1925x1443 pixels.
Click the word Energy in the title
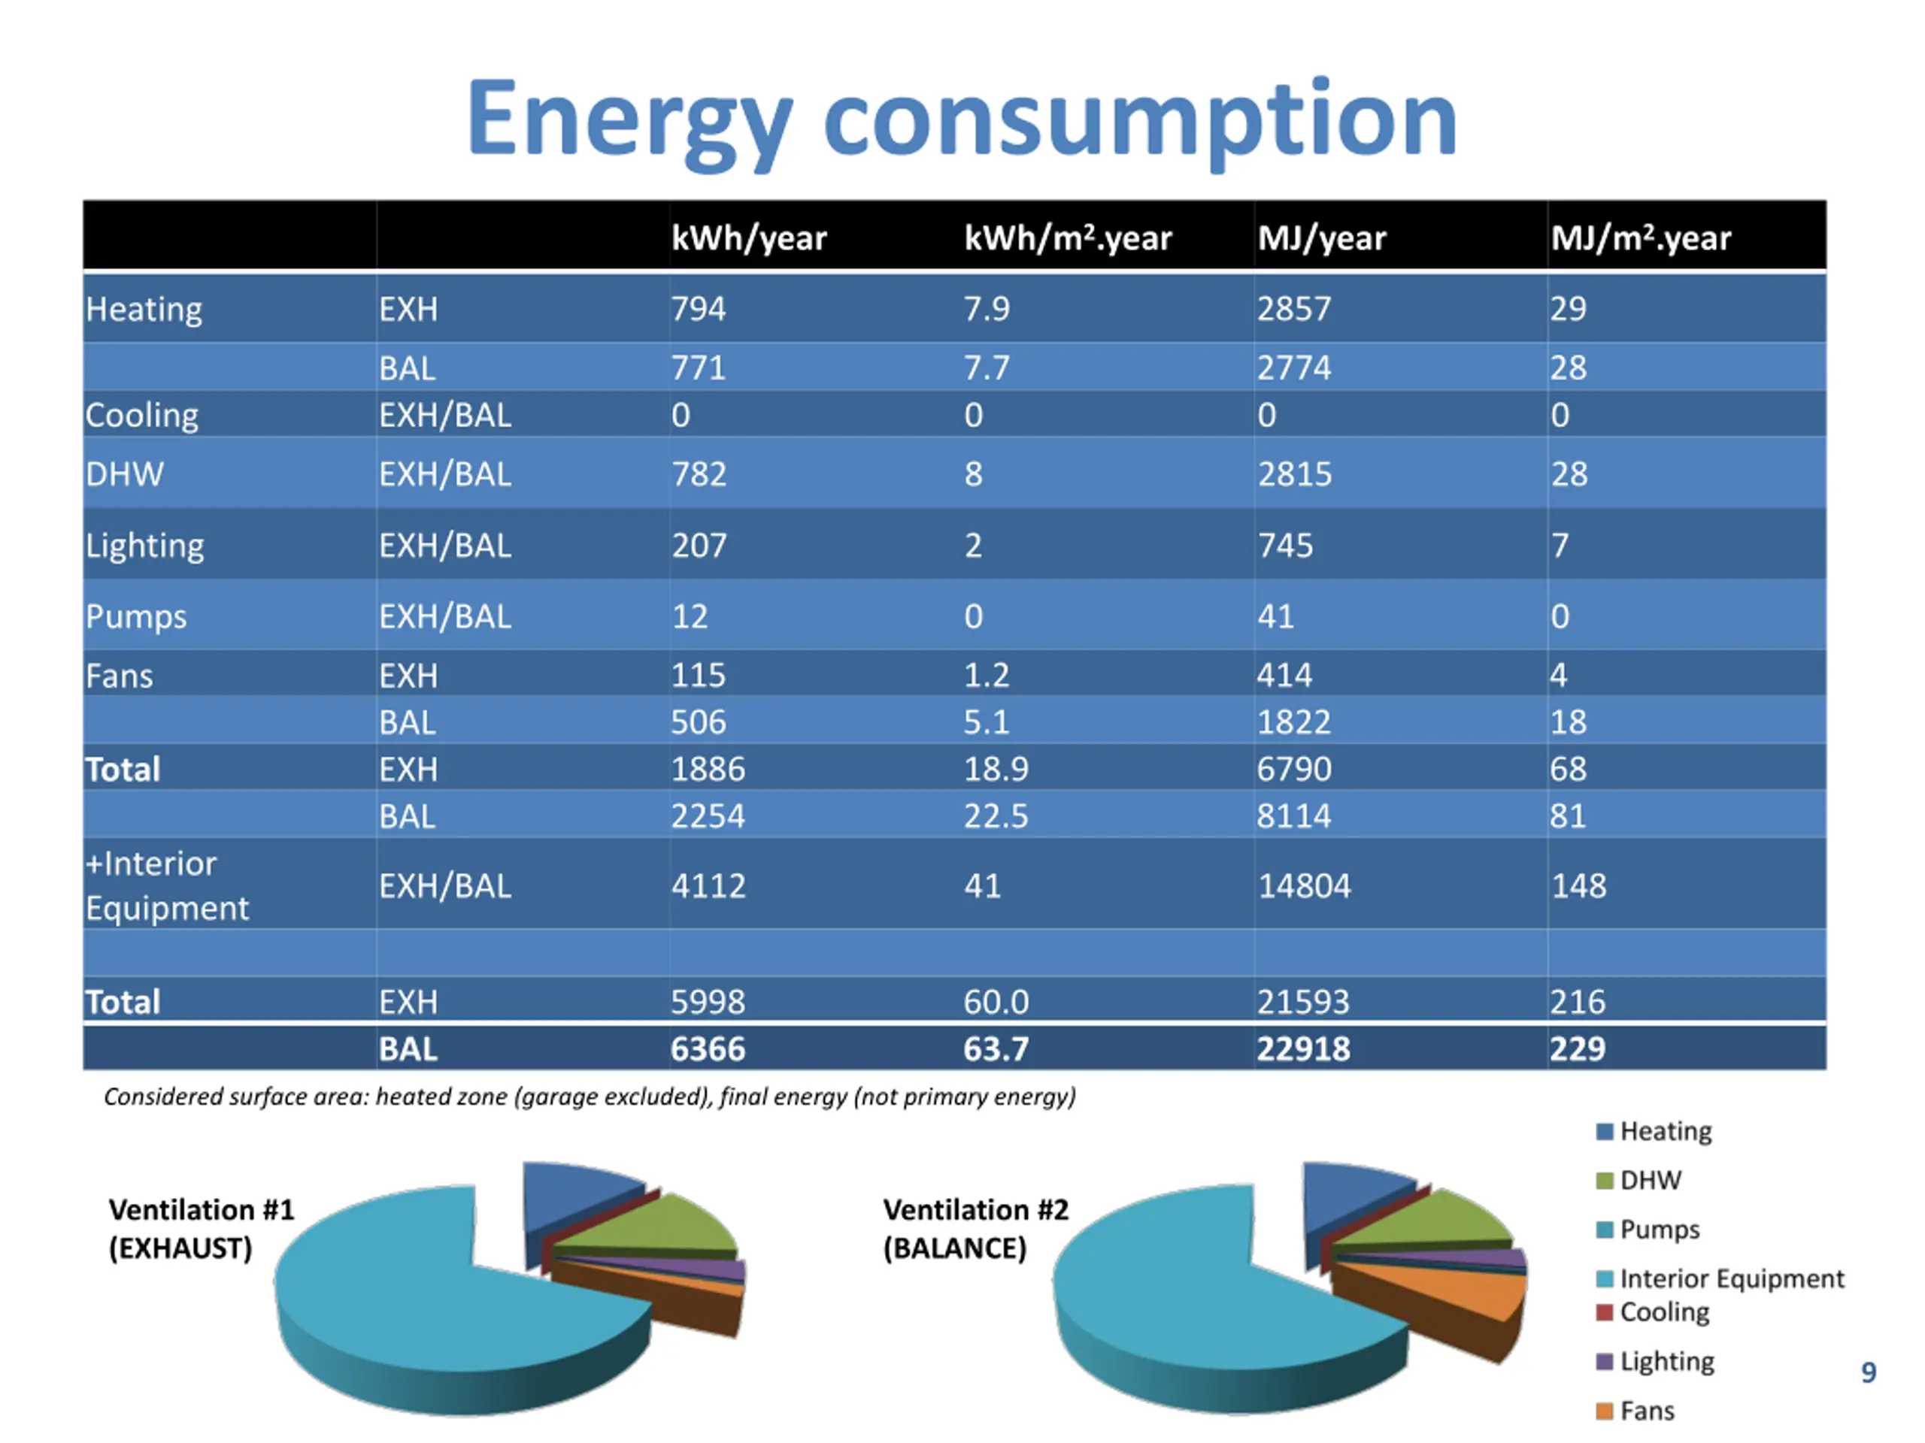click(629, 119)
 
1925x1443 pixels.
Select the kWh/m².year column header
click(1067, 237)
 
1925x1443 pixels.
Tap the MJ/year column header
click(1321, 237)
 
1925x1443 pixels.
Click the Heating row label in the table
click(144, 309)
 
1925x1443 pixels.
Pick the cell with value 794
click(698, 309)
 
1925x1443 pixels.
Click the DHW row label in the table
click(123, 474)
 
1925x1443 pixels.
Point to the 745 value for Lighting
click(1284, 546)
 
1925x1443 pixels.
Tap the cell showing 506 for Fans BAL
click(698, 722)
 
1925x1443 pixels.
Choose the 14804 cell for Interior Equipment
click(1304, 885)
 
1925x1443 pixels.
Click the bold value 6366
click(708, 1049)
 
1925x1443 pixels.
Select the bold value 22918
click(1303, 1049)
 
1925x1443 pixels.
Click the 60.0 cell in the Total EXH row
click(996, 1002)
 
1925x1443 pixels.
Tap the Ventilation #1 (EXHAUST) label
click(201, 1228)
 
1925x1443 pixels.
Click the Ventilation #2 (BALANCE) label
click(975, 1228)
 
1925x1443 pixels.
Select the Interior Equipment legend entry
click(1730, 1278)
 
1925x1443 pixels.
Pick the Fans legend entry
click(1645, 1410)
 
